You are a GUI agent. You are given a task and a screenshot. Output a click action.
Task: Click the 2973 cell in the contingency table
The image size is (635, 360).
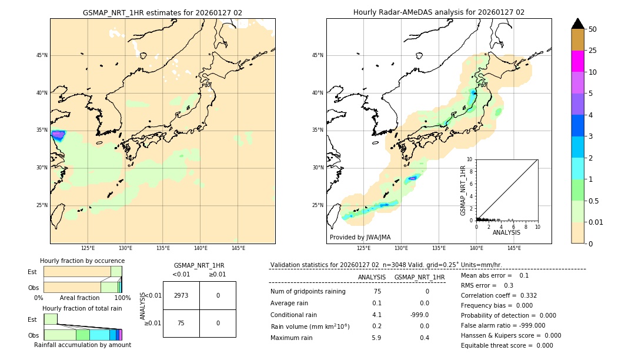tap(181, 295)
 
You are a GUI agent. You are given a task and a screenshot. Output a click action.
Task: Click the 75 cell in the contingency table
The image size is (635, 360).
tap(181, 323)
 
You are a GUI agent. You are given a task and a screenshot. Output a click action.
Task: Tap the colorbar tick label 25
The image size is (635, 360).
tap(593, 51)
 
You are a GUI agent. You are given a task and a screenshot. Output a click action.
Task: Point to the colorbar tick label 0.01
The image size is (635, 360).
tap(596, 222)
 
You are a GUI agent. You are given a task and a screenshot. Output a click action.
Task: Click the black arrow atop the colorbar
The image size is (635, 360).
tap(577, 24)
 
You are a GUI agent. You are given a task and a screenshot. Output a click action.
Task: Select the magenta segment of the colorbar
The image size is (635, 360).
tap(577, 61)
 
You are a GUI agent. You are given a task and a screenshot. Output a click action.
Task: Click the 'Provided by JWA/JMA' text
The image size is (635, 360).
tap(360, 237)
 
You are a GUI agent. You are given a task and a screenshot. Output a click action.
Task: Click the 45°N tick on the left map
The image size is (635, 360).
tap(42, 55)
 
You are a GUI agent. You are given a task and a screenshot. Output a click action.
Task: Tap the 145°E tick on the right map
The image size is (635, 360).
tap(514, 248)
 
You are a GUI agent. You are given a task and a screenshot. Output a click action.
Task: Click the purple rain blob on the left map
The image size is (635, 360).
tap(58, 135)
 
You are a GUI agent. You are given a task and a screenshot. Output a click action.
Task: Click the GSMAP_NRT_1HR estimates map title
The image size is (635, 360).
tap(162, 12)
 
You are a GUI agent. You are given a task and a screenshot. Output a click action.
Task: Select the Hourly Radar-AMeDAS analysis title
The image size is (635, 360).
tap(439, 12)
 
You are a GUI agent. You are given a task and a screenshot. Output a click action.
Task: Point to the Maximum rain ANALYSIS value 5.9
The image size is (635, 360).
tap(376, 338)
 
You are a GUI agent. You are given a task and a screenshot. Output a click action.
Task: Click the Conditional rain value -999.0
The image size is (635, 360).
tap(420, 315)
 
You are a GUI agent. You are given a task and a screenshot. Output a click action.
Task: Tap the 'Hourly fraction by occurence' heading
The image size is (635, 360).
tap(82, 261)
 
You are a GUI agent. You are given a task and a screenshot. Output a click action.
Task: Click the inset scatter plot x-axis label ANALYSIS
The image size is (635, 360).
tap(506, 232)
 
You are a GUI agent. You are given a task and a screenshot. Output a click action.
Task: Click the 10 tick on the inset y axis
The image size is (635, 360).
tap(469, 159)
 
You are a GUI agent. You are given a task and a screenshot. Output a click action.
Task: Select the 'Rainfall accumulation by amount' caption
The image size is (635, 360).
tap(82, 345)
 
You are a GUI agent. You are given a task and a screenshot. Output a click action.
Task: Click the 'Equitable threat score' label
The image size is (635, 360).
tap(498, 345)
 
